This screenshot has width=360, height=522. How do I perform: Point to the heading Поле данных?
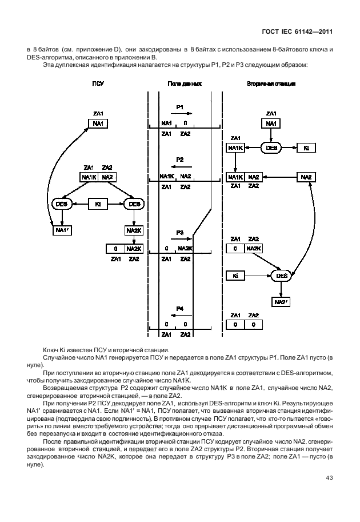184,83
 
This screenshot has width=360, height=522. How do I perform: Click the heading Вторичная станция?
271,83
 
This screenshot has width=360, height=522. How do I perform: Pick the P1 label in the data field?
179,107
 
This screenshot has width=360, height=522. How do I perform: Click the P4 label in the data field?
179,308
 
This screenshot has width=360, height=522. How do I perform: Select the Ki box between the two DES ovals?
98,204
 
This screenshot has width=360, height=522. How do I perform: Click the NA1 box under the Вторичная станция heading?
271,123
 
